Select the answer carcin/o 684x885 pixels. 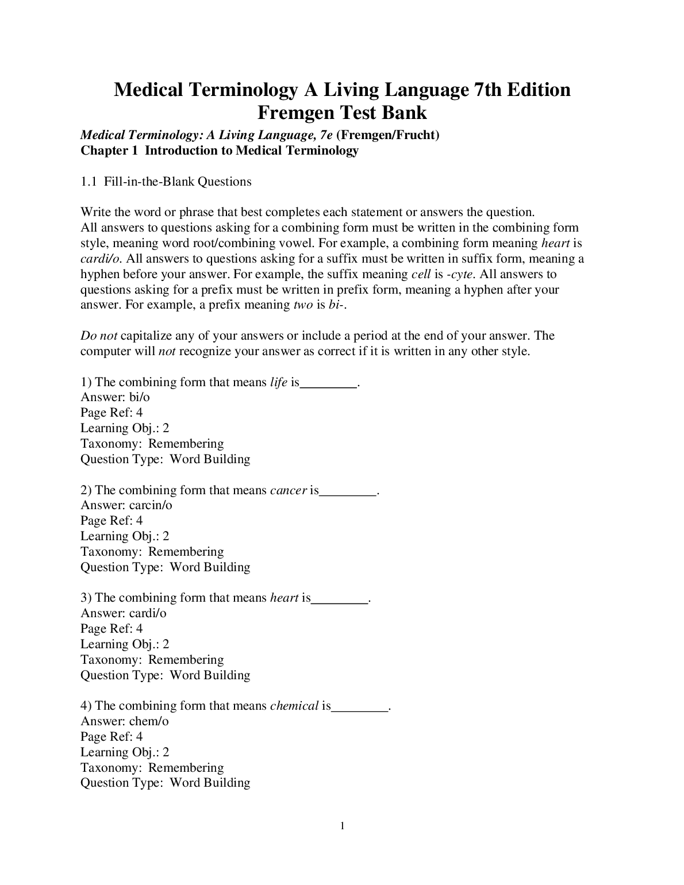(151, 505)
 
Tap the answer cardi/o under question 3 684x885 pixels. (148, 613)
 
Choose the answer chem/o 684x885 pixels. (149, 721)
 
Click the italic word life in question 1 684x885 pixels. (278, 382)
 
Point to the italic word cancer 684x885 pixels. (288, 490)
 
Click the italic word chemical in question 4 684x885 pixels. (294, 706)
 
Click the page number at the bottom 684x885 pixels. (342, 826)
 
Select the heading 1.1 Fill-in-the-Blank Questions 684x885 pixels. (166, 182)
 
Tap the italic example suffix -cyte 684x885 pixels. (460, 274)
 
